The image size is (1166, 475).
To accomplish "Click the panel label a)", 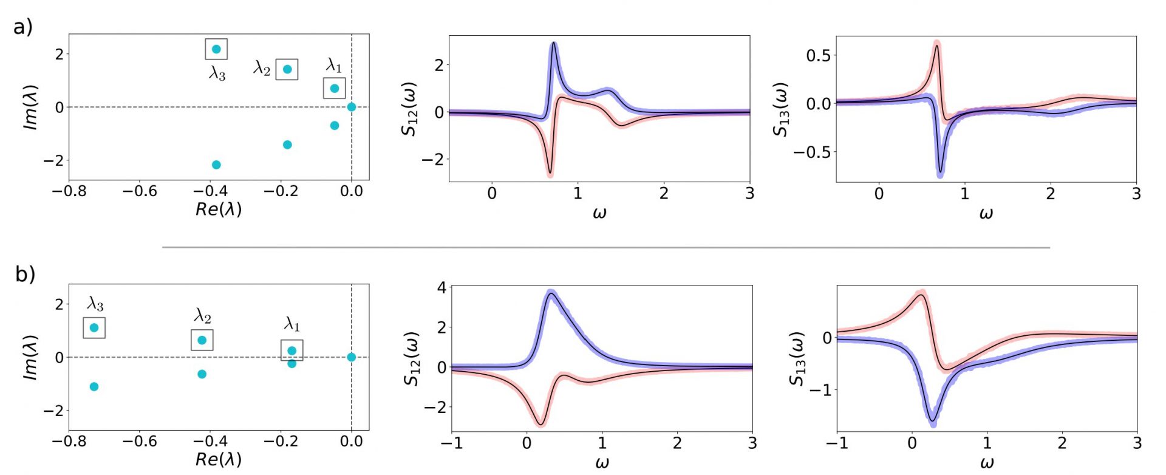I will (23, 27).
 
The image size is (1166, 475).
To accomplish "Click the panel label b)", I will (25, 275).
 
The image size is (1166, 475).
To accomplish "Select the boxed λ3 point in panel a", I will (216, 49).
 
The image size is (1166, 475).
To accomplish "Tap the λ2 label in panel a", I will (262, 68).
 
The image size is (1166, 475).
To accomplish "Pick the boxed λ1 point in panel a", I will (334, 89).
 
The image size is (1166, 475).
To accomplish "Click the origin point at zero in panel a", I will (352, 107).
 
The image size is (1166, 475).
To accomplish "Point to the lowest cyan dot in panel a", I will (216, 165).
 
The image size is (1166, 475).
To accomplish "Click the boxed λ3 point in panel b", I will (94, 328).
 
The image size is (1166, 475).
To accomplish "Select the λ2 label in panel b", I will (203, 316).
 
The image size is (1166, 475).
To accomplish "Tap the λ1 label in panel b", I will (292, 324).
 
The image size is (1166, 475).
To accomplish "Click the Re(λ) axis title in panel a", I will (219, 209).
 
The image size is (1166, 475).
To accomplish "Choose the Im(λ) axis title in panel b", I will (30, 358).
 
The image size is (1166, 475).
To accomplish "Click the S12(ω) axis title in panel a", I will (410, 109).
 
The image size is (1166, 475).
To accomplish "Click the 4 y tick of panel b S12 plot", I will (442, 287).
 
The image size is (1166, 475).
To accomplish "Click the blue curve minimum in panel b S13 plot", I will (933, 420).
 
